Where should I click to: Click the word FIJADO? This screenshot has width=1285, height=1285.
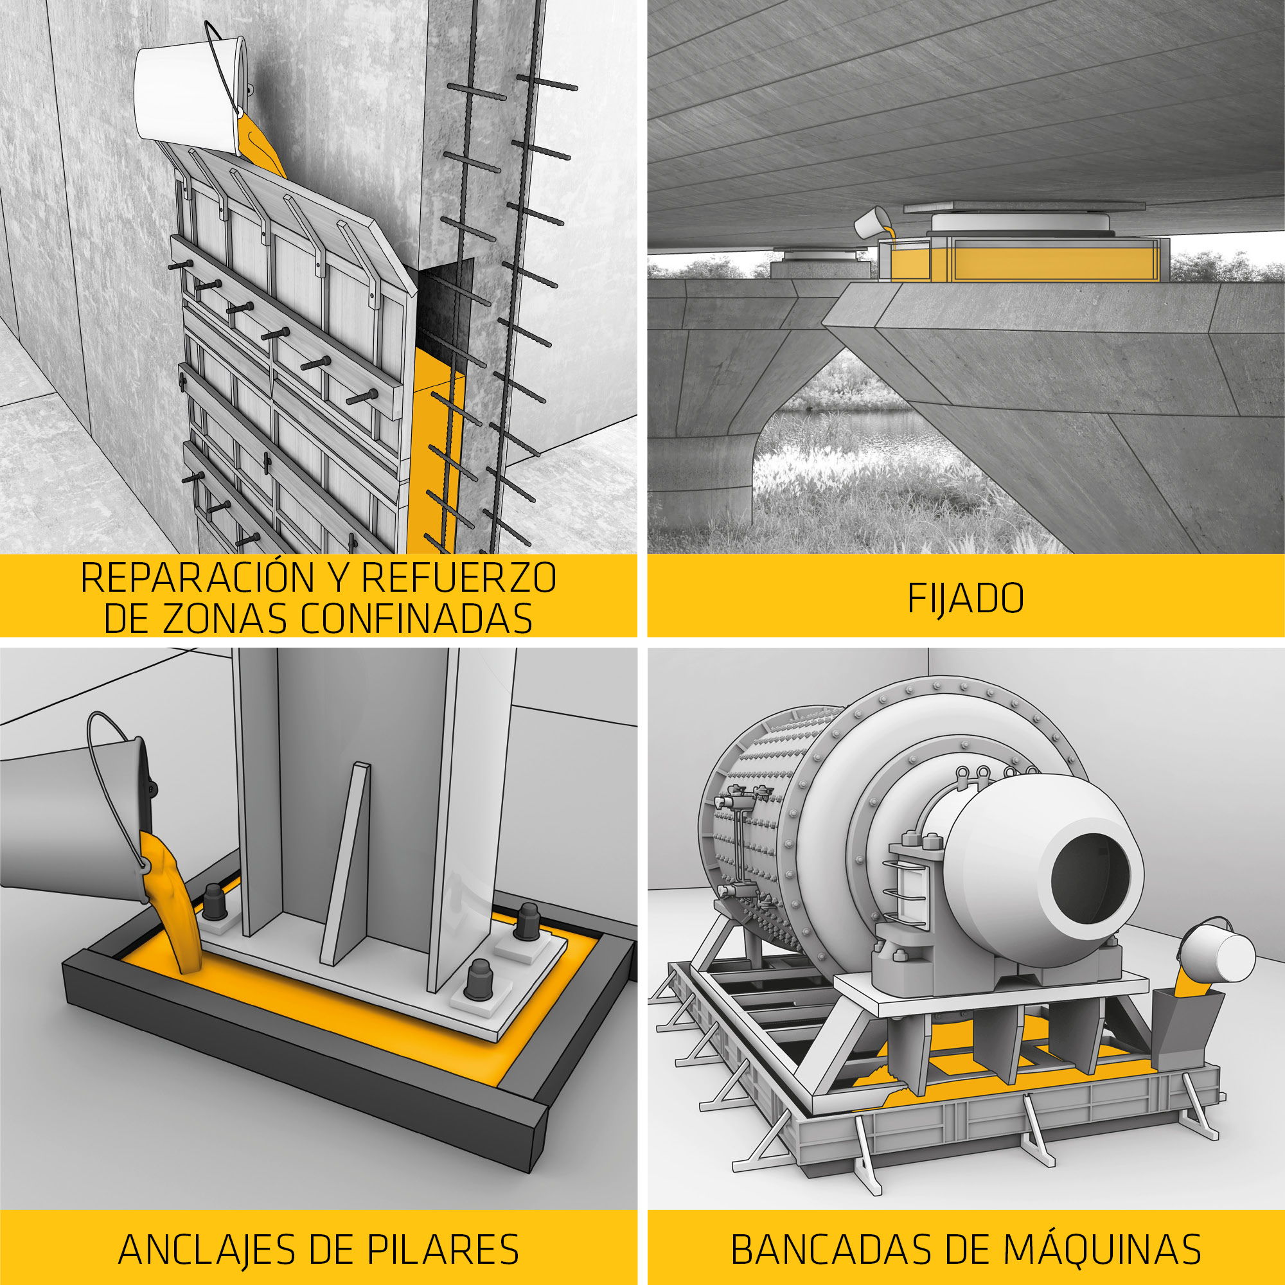coord(965,599)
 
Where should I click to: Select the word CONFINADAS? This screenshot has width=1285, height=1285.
coord(416,619)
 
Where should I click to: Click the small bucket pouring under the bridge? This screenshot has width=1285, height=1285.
coord(872,223)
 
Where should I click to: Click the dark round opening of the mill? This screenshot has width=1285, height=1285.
coord(1090,875)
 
